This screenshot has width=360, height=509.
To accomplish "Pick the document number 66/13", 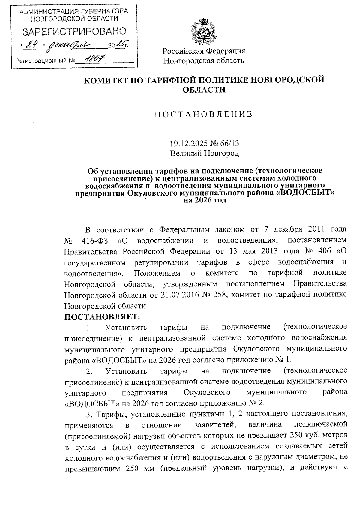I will [x=230, y=143].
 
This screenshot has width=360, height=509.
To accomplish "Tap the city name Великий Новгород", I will [x=205, y=154].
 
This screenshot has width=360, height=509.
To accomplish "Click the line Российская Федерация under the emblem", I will [x=204, y=51].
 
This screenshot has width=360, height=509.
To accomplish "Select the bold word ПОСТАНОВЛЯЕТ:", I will [x=102, y=316].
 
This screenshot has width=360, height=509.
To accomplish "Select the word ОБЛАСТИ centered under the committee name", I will [x=204, y=90].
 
